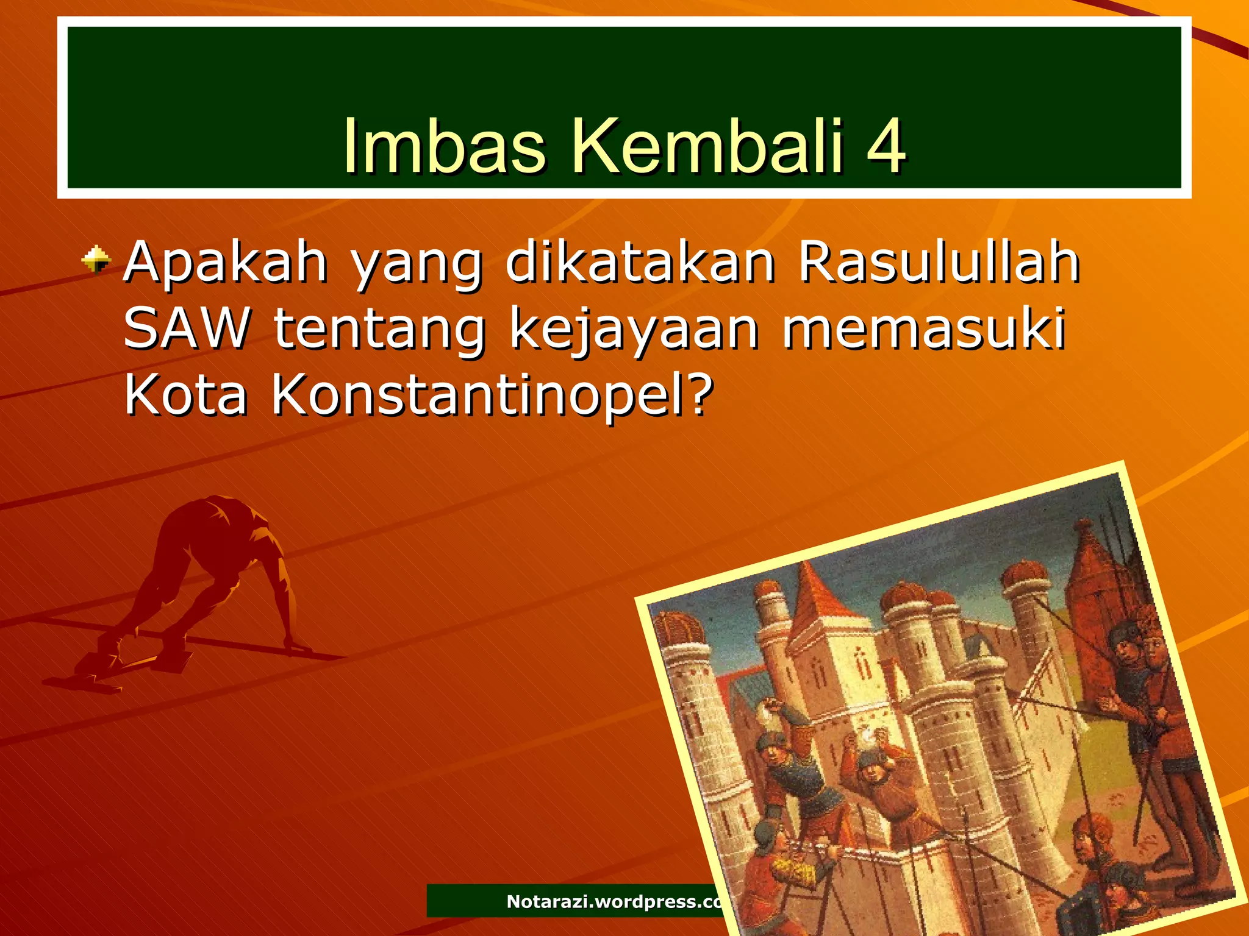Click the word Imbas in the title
point(443,146)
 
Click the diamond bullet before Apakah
point(96,260)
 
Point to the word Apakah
point(226,263)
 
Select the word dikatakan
point(640,263)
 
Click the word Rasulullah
point(939,263)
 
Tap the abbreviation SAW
point(186,329)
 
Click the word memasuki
point(924,329)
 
